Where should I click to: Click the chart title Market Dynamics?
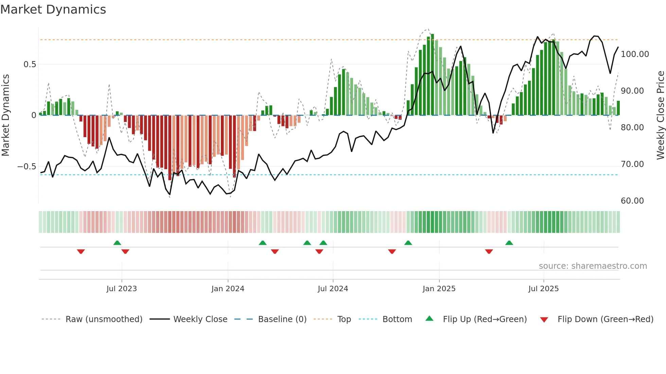[x=53, y=10]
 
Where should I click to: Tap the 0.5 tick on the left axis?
[x=30, y=64]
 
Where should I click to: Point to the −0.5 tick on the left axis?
[x=27, y=167]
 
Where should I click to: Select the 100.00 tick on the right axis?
[x=635, y=54]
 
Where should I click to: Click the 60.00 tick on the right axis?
[x=632, y=201]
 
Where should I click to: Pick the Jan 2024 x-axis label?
[x=228, y=289]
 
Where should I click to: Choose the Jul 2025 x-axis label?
[x=543, y=289]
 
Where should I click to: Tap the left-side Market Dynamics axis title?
[x=5, y=115]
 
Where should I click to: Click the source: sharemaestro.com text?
[x=593, y=266]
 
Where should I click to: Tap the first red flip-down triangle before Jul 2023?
[x=81, y=251]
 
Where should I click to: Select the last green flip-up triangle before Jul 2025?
[x=509, y=243]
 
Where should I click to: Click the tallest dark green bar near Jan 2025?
[x=432, y=75]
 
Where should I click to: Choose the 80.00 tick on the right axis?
[x=632, y=128]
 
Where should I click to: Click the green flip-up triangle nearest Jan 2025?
[x=408, y=243]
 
